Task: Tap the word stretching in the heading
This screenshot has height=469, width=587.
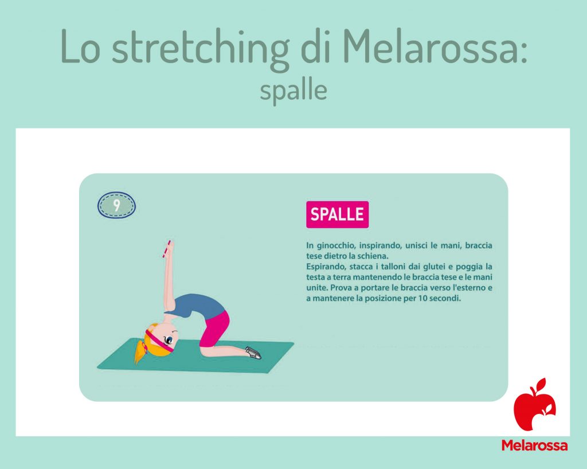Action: tap(201, 49)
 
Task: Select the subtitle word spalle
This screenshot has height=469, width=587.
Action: tap(293, 91)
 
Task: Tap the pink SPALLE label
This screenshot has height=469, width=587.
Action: tap(337, 214)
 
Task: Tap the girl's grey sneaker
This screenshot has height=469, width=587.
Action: tap(253, 353)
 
